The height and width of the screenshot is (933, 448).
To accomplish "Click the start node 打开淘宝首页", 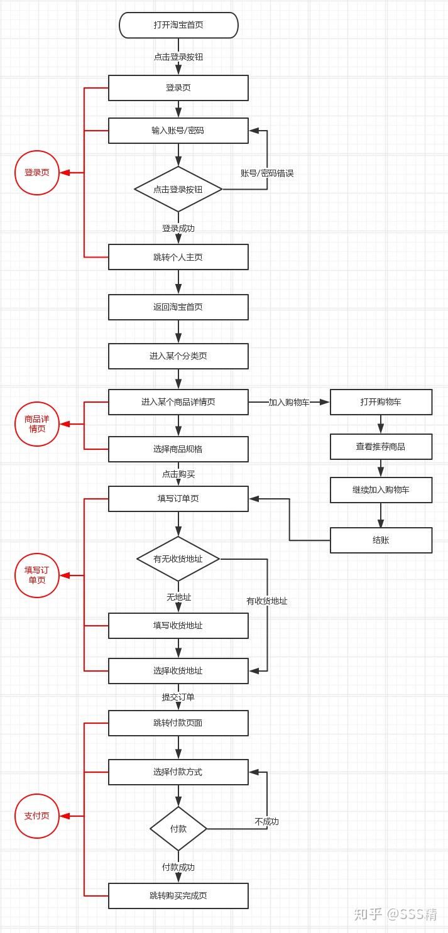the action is [x=178, y=25].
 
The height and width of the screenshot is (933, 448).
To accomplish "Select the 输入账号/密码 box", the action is [x=178, y=131].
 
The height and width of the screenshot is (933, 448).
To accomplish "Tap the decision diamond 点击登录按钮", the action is [x=178, y=189].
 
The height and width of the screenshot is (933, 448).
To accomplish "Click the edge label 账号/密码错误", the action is [x=267, y=173].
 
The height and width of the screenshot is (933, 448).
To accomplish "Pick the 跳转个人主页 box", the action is [x=178, y=257].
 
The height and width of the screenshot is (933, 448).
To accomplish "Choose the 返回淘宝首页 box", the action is [x=178, y=307].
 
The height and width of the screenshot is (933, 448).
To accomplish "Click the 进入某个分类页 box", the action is [x=178, y=356].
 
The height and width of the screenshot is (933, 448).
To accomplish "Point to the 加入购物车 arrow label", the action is [x=289, y=402].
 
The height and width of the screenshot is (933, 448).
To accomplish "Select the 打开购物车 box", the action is [x=381, y=402].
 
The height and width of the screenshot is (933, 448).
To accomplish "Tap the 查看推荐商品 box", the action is [x=381, y=447].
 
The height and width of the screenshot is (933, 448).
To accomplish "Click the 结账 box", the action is [x=381, y=540].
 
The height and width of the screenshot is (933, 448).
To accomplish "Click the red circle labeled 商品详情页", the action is [x=37, y=424].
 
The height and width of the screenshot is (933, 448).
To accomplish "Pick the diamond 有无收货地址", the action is [x=178, y=559].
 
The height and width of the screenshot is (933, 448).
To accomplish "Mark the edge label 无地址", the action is [x=178, y=597].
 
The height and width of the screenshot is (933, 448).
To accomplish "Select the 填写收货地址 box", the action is [x=178, y=626].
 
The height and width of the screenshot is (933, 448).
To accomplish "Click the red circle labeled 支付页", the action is [x=37, y=816].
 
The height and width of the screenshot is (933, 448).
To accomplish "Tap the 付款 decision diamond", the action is [x=178, y=829].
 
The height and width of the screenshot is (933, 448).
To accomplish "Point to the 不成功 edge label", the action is [x=267, y=821].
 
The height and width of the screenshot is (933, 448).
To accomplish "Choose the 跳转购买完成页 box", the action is [x=178, y=895].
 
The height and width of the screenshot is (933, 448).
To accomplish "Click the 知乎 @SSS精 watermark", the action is [x=396, y=914].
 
